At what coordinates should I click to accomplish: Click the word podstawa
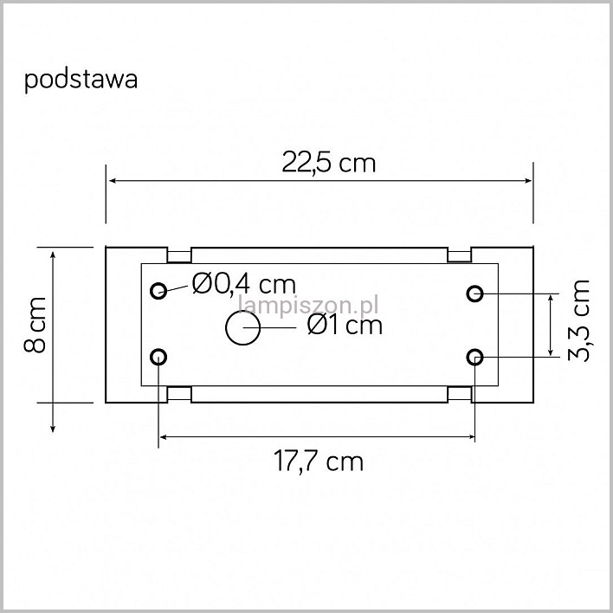click(81, 81)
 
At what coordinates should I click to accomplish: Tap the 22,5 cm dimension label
click(328, 162)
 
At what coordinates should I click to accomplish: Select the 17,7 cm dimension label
click(319, 461)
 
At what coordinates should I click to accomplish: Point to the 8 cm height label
click(35, 325)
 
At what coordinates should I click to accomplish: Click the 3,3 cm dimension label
click(578, 320)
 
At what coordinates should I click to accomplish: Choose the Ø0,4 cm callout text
click(244, 284)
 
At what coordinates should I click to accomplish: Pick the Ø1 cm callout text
click(345, 325)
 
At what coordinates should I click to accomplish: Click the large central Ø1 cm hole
click(242, 327)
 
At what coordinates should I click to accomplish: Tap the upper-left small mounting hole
click(158, 291)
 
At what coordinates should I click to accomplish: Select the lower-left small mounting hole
click(158, 357)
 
